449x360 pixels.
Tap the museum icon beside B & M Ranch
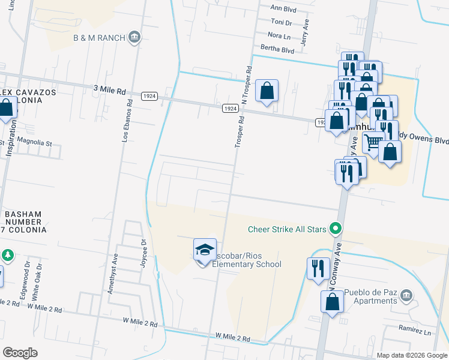(134, 38)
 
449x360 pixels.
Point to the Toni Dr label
(281, 22)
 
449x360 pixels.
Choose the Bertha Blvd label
(277, 50)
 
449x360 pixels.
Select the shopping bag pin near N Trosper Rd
(267, 91)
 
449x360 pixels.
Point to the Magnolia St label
(34, 144)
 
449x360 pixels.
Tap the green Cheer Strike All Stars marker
(336, 229)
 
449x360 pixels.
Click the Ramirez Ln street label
(415, 331)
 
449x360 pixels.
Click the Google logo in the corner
(20, 352)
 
